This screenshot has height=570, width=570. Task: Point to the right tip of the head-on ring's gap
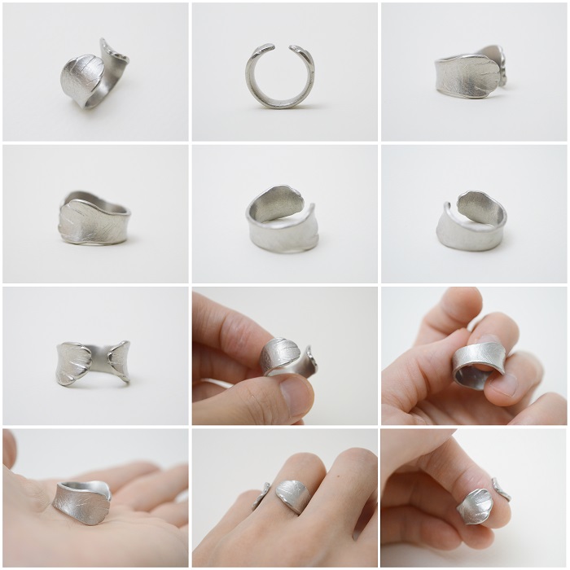pos(304,50)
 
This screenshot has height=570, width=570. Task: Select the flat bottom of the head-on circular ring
pos(279,102)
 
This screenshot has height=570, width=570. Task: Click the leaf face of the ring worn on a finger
pos(292,495)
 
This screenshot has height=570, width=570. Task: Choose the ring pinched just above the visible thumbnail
pos(284,358)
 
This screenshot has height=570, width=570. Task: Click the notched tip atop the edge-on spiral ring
pos(115,51)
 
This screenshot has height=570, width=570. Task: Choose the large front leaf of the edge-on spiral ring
pos(81,79)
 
